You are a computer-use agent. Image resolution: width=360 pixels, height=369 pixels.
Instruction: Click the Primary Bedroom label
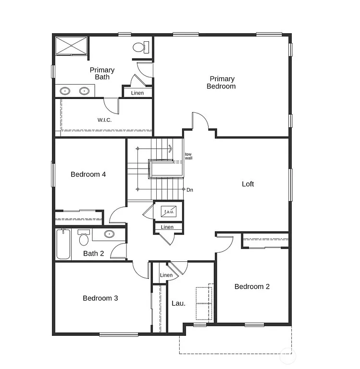221,83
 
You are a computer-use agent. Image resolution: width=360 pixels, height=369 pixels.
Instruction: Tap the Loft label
248,184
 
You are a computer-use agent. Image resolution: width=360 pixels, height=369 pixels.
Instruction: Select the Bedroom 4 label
88,174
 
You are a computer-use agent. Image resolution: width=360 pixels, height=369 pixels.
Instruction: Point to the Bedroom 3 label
100,298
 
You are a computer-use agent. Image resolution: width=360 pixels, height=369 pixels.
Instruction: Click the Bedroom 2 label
252,287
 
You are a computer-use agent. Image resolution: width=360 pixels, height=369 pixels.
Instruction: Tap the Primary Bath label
102,74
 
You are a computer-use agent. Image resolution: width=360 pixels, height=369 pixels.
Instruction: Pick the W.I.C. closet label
104,120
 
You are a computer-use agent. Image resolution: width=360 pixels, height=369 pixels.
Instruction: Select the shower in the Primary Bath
71,45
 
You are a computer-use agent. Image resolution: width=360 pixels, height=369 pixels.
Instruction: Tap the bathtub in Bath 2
63,245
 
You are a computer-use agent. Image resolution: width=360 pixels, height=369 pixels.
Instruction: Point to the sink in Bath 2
110,234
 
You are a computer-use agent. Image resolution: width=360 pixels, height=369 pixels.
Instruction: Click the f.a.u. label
169,211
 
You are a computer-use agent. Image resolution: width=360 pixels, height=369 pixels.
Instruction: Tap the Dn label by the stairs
190,190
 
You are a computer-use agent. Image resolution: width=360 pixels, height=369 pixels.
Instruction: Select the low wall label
189,156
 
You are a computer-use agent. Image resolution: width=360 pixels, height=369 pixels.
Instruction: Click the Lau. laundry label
178,304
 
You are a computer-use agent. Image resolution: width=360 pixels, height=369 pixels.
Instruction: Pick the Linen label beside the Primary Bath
137,93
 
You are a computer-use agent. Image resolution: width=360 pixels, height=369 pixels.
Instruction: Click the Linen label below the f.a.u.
167,227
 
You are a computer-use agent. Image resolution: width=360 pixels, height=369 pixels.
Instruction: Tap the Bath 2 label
94,254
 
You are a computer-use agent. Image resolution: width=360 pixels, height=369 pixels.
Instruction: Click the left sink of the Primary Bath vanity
65,91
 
